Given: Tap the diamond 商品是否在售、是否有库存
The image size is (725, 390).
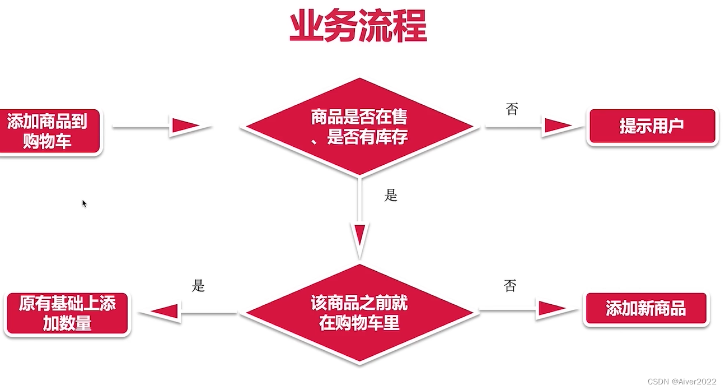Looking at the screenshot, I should (x=359, y=128).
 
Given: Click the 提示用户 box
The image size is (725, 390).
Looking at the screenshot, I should (x=652, y=127).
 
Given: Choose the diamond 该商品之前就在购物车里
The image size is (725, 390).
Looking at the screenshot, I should (x=359, y=314).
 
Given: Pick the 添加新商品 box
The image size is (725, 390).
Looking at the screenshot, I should (x=646, y=309).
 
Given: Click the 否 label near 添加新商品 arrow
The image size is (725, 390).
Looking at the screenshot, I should (x=510, y=287).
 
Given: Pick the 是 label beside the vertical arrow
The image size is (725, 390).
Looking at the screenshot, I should (x=391, y=196).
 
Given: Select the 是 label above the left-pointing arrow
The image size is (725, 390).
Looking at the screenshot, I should (x=199, y=286).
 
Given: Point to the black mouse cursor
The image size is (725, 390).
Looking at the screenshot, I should (x=84, y=203).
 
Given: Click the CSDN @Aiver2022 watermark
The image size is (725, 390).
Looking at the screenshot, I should (x=682, y=381).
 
